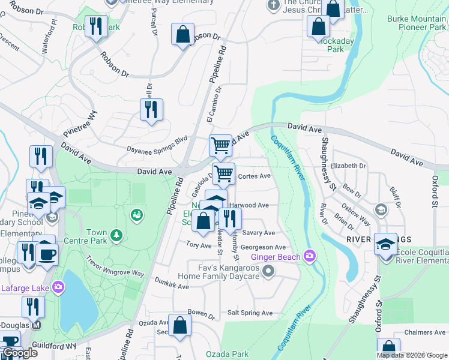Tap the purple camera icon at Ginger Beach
310,256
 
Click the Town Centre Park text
97,237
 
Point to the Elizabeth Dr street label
348,166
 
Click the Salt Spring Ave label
250,313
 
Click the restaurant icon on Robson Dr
96,26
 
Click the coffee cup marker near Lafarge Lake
46,253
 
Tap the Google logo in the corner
20,353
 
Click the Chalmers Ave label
424,332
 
